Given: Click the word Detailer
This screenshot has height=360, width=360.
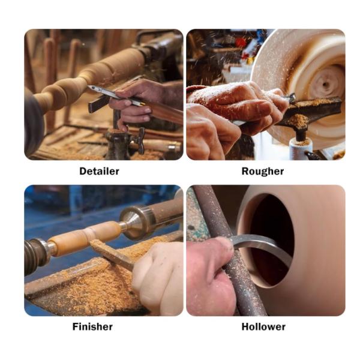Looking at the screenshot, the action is pos(99,171).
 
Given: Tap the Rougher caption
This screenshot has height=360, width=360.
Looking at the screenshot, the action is pos(263,171).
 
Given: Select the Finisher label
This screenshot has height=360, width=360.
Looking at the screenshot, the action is pos(92,326).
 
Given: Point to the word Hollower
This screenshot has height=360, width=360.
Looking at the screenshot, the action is pos(263,326).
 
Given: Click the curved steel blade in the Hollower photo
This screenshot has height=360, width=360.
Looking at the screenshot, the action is pos(264,244).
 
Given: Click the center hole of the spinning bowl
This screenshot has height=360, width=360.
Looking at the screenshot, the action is pos(325,85).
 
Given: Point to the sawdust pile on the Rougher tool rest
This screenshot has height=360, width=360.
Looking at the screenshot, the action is pos(298,121).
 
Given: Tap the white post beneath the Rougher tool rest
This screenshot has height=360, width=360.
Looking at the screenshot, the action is pos(298,149).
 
